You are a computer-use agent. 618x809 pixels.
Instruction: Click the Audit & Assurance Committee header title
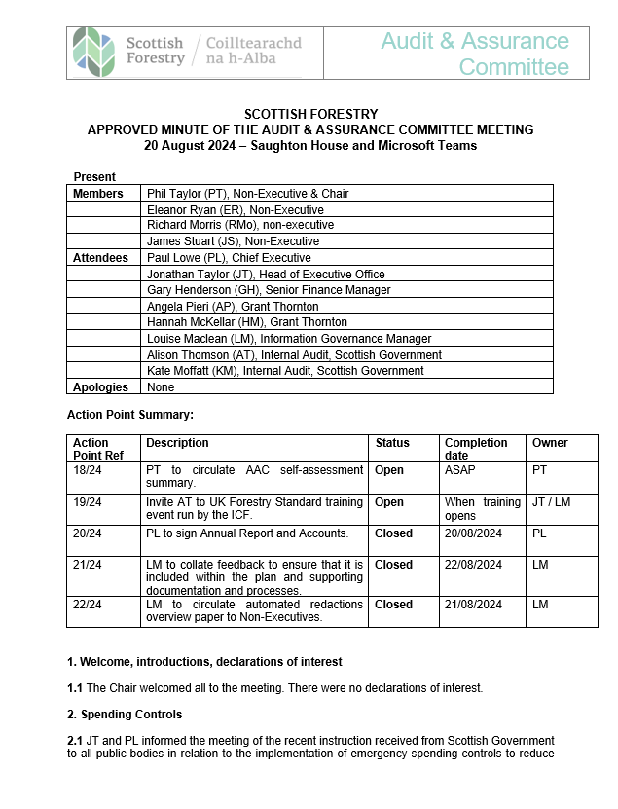pyautogui.click(x=474, y=54)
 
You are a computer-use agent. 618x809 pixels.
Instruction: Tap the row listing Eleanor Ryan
pyautogui.click(x=236, y=209)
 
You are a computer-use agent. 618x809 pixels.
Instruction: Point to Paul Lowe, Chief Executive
pyautogui.click(x=229, y=258)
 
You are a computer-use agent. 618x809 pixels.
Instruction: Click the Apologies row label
pyautogui.click(x=100, y=386)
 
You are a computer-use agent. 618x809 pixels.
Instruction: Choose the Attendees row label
pyautogui.click(x=100, y=258)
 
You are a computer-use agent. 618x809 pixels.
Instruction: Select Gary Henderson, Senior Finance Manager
pyautogui.click(x=269, y=290)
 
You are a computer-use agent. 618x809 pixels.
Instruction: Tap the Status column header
pyautogui.click(x=392, y=443)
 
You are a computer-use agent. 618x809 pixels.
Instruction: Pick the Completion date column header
pyautogui.click(x=476, y=449)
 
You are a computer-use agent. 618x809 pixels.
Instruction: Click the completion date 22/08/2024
pyautogui.click(x=473, y=565)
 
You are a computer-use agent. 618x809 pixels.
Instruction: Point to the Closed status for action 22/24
pyautogui.click(x=393, y=605)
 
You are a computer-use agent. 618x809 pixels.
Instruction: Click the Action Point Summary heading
pyautogui.click(x=130, y=415)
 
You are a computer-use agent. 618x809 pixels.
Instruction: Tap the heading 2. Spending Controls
pyautogui.click(x=125, y=715)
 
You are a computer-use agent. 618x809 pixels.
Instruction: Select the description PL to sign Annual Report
pyautogui.click(x=247, y=533)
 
